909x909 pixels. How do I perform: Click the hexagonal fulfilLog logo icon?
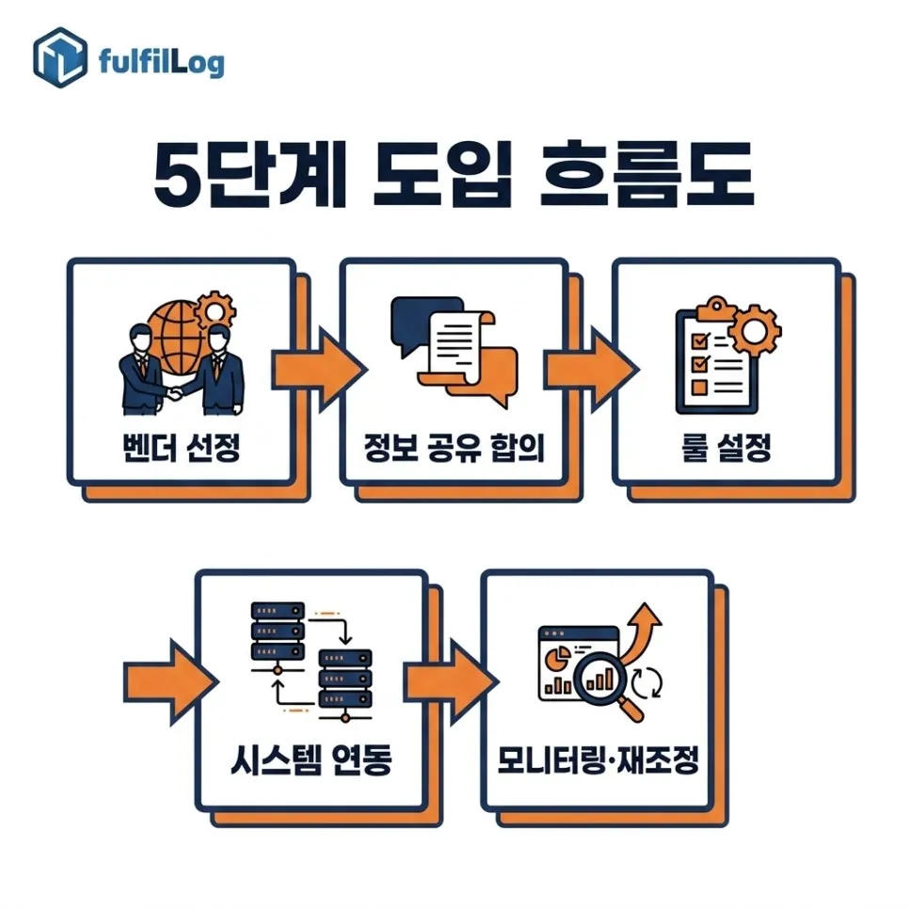pos(60,57)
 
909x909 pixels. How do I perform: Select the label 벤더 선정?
pos(181,447)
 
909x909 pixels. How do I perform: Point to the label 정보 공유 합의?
pos(454,447)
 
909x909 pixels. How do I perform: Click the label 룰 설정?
pos(726,447)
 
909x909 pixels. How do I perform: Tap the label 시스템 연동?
pos(311,759)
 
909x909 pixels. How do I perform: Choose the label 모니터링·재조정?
pos(598,759)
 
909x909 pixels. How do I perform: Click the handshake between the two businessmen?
pos(174,394)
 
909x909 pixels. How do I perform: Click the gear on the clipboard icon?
pos(755,331)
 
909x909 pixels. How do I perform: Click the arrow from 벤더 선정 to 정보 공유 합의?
pos(318,369)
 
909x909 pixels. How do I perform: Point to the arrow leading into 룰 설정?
pos(591,369)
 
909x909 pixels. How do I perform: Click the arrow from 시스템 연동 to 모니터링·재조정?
pos(451,681)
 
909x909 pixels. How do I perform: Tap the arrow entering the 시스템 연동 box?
pos(171,681)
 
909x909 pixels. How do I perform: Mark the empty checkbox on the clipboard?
pos(700,387)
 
